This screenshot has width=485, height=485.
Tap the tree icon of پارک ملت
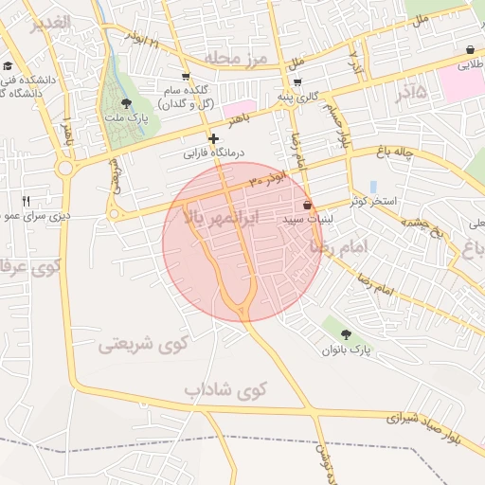[x=128, y=102]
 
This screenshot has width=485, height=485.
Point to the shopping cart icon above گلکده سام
[x=186, y=77]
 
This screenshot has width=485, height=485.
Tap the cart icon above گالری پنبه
[x=297, y=81]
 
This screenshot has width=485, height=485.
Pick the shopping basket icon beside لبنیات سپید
[x=307, y=205]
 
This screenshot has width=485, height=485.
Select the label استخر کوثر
[x=377, y=202]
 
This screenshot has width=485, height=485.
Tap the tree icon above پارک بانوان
[x=346, y=334]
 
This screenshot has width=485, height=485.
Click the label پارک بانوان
[x=347, y=350]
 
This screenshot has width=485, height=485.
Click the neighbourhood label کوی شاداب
[x=226, y=389]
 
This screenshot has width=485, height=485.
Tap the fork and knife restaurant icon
[x=26, y=201]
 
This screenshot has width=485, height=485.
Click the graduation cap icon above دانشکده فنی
[x=9, y=66]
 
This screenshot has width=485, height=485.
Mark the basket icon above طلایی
[x=471, y=50]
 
